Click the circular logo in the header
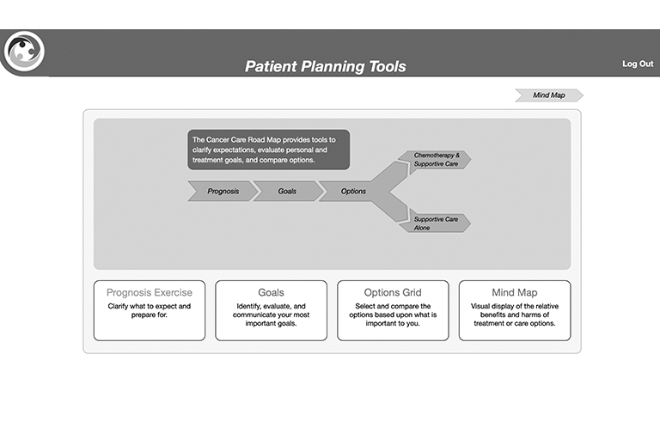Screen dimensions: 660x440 (x=24, y=51)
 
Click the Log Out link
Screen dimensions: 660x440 (x=638, y=64)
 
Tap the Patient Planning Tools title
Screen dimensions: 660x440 (x=326, y=66)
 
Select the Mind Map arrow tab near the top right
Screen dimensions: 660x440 (x=549, y=95)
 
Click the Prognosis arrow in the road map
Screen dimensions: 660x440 (x=223, y=191)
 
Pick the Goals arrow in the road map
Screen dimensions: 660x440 (x=288, y=191)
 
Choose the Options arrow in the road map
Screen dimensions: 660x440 (x=352, y=191)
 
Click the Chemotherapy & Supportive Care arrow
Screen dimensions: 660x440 (x=436, y=160)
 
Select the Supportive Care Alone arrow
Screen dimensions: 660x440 (x=436, y=223)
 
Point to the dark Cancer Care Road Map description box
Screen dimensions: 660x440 (x=268, y=150)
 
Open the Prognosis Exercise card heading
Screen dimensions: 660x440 (x=150, y=292)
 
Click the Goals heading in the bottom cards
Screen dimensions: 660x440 (x=271, y=292)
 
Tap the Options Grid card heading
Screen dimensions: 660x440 (x=393, y=292)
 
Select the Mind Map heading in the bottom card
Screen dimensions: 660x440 (x=515, y=292)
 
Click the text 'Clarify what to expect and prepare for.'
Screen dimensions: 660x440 (x=150, y=310)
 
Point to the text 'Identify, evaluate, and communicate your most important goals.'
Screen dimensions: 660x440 (x=271, y=315)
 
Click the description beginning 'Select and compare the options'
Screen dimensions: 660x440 (x=393, y=315)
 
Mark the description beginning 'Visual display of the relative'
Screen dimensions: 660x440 (x=515, y=315)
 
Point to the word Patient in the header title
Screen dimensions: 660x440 (x=271, y=66)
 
